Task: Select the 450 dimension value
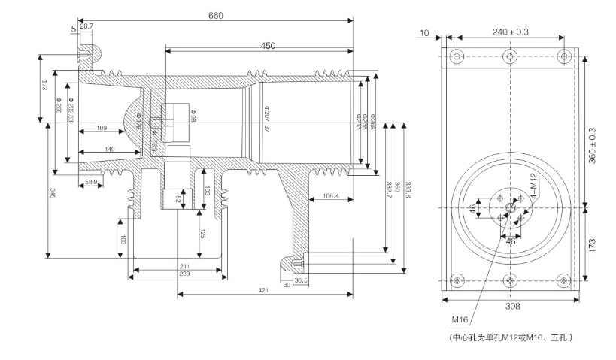(x=268, y=46)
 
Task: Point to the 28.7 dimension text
(x=87, y=26)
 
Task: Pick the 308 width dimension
(x=511, y=306)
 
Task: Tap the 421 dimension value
(x=262, y=289)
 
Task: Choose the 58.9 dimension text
(x=90, y=183)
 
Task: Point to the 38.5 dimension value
(x=300, y=280)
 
